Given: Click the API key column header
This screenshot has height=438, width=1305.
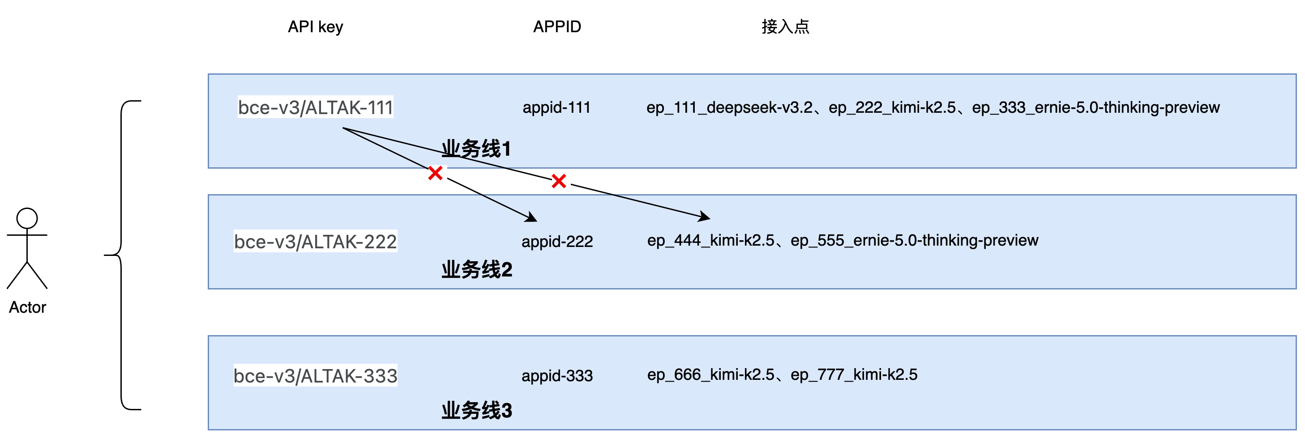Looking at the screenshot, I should tap(315, 27).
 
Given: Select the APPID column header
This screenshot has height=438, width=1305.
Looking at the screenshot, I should tap(557, 27).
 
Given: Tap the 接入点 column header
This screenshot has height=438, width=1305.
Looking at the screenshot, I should tap(785, 27).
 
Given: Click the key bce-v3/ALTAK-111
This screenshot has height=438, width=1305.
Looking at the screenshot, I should tap(315, 107).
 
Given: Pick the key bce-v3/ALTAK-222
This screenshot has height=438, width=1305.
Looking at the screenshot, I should tap(315, 242).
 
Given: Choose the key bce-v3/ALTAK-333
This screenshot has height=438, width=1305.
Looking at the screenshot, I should tap(315, 376).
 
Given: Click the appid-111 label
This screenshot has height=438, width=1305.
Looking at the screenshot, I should tap(556, 107).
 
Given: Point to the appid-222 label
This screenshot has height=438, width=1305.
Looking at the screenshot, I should tap(557, 242).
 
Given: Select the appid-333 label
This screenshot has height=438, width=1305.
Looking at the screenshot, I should tap(557, 376).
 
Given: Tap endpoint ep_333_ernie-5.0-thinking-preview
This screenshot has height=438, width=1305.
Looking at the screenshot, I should tap(1095, 107).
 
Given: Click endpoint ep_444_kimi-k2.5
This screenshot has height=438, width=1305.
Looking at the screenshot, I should tap(710, 240).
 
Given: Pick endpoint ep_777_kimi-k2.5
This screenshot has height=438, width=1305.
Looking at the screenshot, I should tap(854, 375).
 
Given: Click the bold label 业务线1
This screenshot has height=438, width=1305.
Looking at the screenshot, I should tap(476, 149).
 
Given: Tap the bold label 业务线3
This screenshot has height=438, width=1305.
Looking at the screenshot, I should tap(476, 410).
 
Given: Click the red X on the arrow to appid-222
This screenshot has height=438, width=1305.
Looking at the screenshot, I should tap(435, 173).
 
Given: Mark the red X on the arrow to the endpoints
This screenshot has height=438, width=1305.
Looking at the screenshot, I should tap(559, 181).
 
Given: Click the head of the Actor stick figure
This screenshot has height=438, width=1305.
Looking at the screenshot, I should tap(27, 218).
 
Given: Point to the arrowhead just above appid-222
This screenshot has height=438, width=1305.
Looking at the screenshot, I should tap(532, 218).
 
